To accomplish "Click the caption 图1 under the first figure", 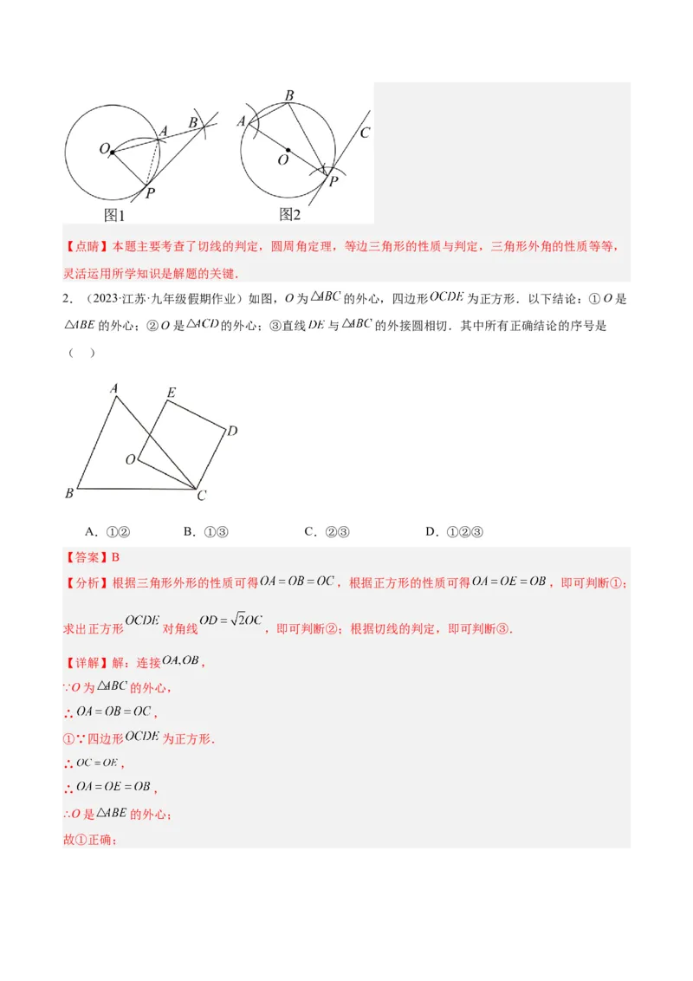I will click(x=115, y=215).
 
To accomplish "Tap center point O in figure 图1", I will click(x=112, y=152).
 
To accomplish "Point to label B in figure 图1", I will click(x=193, y=122).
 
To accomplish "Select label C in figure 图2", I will click(x=365, y=133).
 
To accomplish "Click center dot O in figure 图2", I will click(x=288, y=149).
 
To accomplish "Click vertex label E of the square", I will click(x=171, y=393).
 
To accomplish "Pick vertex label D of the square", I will click(x=232, y=431).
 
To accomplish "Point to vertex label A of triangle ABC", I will click(x=113, y=389).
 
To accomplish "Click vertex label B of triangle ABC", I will click(x=69, y=493).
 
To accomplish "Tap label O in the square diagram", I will click(x=130, y=459).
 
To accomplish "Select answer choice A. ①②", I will click(x=107, y=532).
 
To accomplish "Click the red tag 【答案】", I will click(x=86, y=557).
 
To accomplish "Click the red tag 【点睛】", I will click(x=86, y=246).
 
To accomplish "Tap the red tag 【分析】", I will click(x=86, y=583).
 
